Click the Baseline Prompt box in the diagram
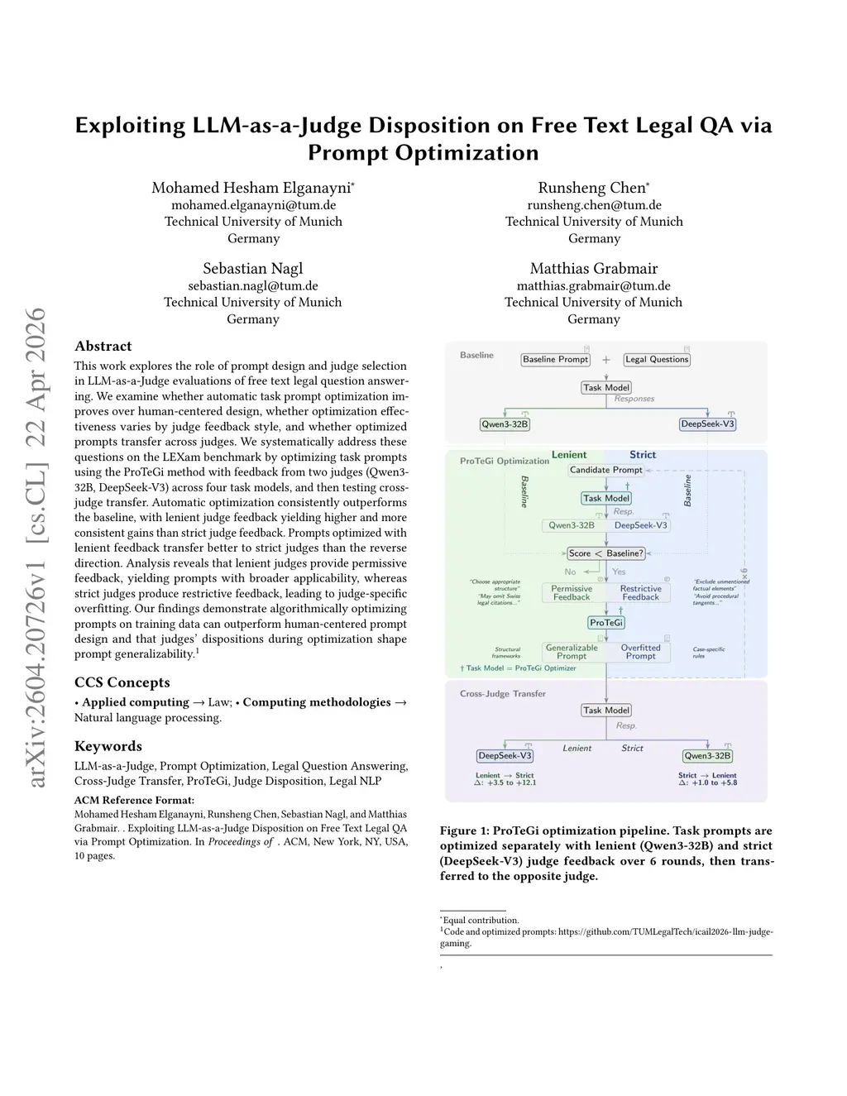[x=555, y=360]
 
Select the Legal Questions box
[x=657, y=360]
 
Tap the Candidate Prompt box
[x=605, y=470]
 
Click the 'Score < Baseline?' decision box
[x=606, y=553]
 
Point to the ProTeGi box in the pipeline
[x=606, y=623]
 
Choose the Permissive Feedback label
[x=572, y=593]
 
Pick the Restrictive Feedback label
[x=640, y=593]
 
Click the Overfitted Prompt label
[x=640, y=652]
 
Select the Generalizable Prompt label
[x=572, y=652]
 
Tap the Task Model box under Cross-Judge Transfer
[x=606, y=711]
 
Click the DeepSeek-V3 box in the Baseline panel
[x=707, y=424]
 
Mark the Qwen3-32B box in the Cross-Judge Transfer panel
[x=707, y=756]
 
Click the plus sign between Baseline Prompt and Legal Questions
[x=606, y=360]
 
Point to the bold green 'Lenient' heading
[x=569, y=455]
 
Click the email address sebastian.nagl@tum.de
[x=253, y=286]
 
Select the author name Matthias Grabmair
[x=594, y=269]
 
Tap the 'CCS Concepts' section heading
[x=122, y=682]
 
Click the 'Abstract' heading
[x=103, y=347]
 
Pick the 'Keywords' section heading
[x=108, y=746]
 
